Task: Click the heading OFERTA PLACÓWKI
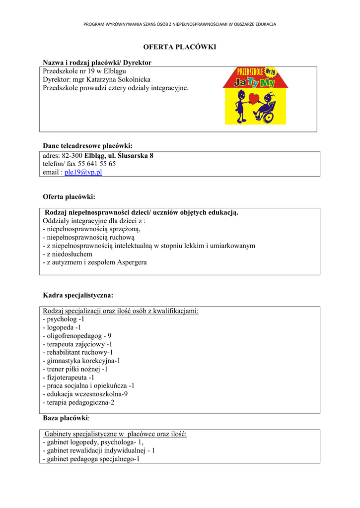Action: tap(180, 47)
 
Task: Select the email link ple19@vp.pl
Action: tap(83, 172)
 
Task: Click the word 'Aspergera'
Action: tap(132, 262)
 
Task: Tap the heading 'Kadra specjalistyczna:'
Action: tap(78, 295)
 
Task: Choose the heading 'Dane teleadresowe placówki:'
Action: tap(88, 146)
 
